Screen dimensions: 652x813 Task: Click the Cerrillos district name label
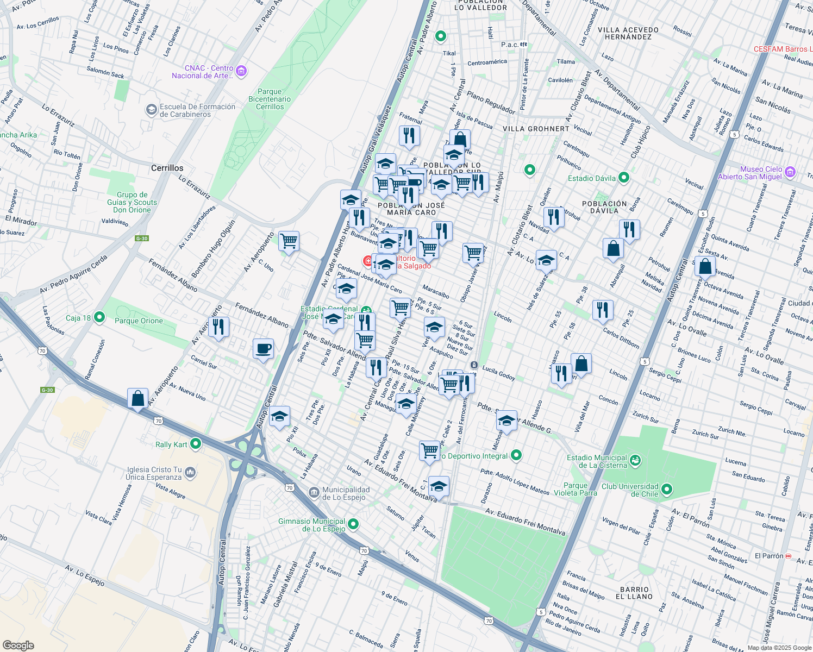click(167, 168)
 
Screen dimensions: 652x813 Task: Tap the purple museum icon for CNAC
click(242, 71)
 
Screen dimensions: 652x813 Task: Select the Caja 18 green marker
click(99, 317)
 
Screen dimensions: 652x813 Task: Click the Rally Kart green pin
click(196, 444)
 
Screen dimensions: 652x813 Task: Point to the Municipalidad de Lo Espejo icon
click(314, 492)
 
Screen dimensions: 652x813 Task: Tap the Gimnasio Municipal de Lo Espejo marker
click(353, 524)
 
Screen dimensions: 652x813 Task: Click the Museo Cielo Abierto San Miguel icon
click(790, 173)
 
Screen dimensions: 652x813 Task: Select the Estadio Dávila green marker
click(624, 177)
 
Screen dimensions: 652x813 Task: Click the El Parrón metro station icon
click(789, 556)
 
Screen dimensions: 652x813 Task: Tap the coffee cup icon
click(263, 349)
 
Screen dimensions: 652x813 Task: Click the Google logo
click(18, 645)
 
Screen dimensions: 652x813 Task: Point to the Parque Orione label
click(139, 321)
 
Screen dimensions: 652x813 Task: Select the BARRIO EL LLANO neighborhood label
click(634, 593)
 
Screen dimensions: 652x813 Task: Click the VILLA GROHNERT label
click(536, 129)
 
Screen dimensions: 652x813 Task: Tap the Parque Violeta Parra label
click(575, 489)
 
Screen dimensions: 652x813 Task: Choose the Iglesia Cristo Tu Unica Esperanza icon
click(190, 472)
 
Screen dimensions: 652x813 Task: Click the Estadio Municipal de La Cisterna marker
click(635, 461)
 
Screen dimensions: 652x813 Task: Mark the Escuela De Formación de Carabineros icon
click(151, 110)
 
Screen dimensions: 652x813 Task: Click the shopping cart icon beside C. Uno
click(289, 241)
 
